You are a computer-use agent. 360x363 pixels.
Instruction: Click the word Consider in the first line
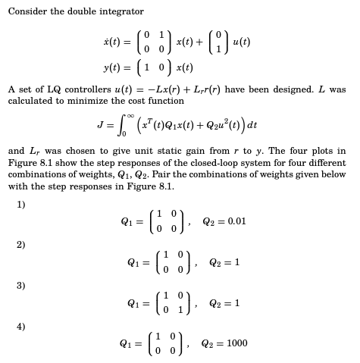(27, 11)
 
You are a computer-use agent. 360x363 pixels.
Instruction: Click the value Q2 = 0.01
(225, 221)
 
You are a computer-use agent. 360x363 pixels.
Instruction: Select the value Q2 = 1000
(227, 343)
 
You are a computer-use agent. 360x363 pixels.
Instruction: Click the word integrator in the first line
(121, 11)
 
